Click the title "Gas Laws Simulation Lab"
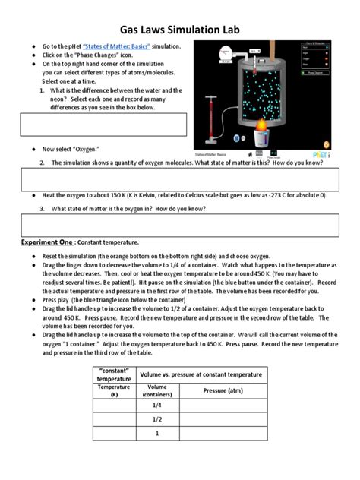tap(179, 21)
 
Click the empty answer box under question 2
tap(179, 180)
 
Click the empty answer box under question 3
tap(179, 226)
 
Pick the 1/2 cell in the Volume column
tap(158, 419)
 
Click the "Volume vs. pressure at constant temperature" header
tap(201, 374)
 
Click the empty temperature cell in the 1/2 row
tap(114, 419)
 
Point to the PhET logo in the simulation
tap(319, 142)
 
